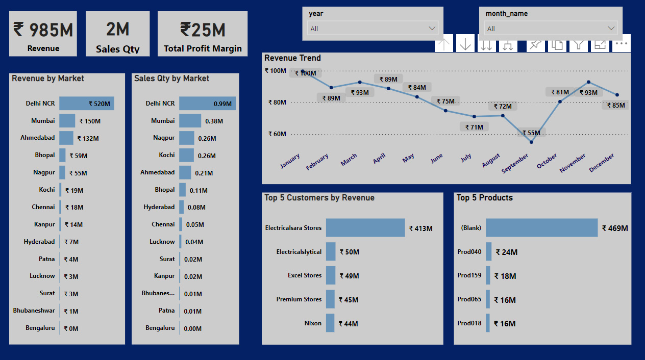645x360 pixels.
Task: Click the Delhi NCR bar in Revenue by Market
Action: point(86,104)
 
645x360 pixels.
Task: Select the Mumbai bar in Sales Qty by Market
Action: point(190,121)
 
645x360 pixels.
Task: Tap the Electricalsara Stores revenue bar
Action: point(365,228)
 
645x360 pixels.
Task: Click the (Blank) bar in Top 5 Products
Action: point(541,228)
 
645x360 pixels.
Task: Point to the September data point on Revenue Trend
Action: point(531,142)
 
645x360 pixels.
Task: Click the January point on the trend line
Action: point(303,71)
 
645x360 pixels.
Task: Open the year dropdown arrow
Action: point(433,29)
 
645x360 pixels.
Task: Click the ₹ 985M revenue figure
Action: point(43,30)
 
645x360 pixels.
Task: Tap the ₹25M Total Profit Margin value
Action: point(203,30)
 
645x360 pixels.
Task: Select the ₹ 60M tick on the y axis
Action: point(276,134)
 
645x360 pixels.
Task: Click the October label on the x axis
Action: point(547,162)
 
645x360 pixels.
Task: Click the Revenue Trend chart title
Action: point(292,58)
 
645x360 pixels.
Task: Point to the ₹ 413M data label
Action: point(420,228)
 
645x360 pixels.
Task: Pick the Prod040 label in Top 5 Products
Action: point(469,251)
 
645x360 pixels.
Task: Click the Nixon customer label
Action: point(313,323)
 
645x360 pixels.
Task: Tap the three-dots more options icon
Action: point(621,44)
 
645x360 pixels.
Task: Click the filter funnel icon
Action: point(578,44)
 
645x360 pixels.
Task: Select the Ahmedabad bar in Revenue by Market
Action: point(66,138)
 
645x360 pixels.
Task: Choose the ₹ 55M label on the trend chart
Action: point(531,133)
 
